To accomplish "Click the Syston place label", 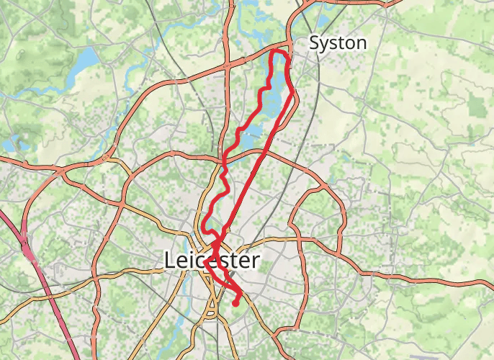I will (x=337, y=43).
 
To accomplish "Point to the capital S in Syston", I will (x=315, y=43).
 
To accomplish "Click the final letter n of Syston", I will (x=361, y=44).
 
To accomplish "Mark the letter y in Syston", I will (x=325, y=45).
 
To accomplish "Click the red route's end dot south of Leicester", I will (x=235, y=304).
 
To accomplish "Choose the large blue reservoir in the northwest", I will (x=86, y=57).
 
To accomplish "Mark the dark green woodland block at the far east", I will (x=476, y=104).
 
